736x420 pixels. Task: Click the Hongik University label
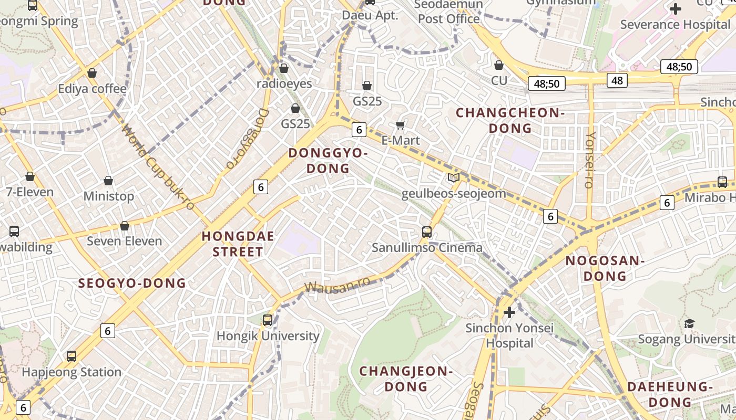(268, 336)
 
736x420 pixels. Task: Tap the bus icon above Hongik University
(268, 320)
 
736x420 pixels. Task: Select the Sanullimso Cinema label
(427, 247)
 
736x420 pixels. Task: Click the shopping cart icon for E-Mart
(401, 125)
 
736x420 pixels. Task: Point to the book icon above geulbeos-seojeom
(454, 177)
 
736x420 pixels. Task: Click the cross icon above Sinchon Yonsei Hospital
(509, 312)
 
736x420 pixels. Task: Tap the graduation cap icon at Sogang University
(689, 323)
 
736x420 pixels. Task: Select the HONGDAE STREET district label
(238, 244)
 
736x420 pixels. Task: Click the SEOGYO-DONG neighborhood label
(132, 283)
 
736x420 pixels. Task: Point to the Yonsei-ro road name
(590, 160)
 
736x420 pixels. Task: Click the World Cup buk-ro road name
(158, 167)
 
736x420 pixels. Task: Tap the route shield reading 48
(617, 80)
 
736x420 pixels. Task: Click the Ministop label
(109, 196)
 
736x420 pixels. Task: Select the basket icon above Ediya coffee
(92, 73)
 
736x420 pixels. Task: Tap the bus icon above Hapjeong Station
(71, 356)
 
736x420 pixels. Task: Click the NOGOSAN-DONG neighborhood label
(605, 268)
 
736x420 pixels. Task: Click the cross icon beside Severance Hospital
(676, 9)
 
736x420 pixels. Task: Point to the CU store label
(499, 80)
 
